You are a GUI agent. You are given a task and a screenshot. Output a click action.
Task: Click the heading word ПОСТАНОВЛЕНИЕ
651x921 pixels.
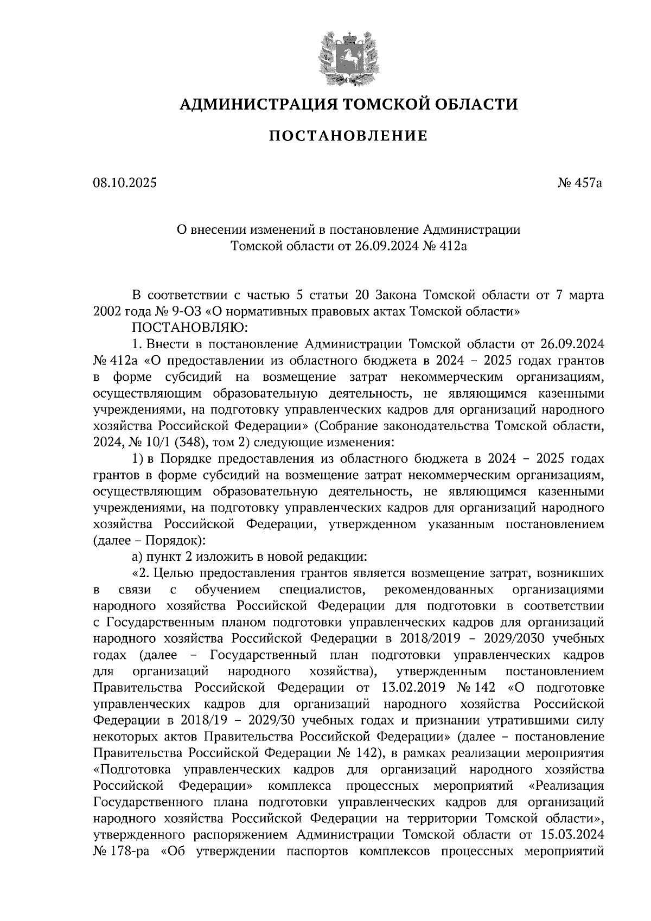pos(348,136)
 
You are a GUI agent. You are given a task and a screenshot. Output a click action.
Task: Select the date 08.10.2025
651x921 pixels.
pos(124,183)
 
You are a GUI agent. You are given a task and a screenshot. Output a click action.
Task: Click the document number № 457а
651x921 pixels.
pos(580,183)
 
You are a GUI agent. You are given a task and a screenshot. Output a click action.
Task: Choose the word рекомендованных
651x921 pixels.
pos(438,590)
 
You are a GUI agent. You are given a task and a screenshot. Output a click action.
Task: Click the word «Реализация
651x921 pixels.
pos(565,785)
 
